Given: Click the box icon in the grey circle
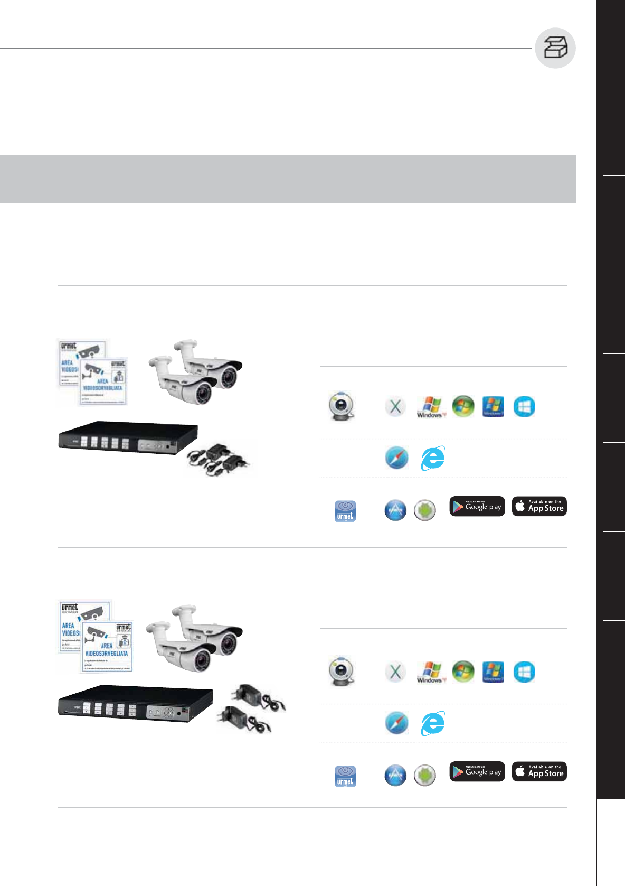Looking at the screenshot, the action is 555,48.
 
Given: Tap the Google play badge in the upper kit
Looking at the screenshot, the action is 477,506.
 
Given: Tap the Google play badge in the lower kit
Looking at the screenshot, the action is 477,771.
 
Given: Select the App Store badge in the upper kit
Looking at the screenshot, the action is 539,506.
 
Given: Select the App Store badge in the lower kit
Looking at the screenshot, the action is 539,771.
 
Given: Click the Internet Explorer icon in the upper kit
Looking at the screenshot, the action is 433,458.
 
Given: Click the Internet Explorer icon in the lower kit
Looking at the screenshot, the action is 433,723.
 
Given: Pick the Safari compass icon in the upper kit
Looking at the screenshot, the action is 396,458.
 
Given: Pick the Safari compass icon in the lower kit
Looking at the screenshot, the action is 396,723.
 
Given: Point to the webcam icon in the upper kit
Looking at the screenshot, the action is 342,406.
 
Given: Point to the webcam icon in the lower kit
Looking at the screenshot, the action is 342,672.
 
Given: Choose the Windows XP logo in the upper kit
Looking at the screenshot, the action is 431,407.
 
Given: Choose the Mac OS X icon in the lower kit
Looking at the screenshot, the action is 395,672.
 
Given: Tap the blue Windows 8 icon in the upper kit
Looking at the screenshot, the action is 524,407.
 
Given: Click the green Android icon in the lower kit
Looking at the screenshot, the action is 425,776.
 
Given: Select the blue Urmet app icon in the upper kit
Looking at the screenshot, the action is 345,511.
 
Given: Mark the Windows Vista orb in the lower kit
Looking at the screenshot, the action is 463,672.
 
